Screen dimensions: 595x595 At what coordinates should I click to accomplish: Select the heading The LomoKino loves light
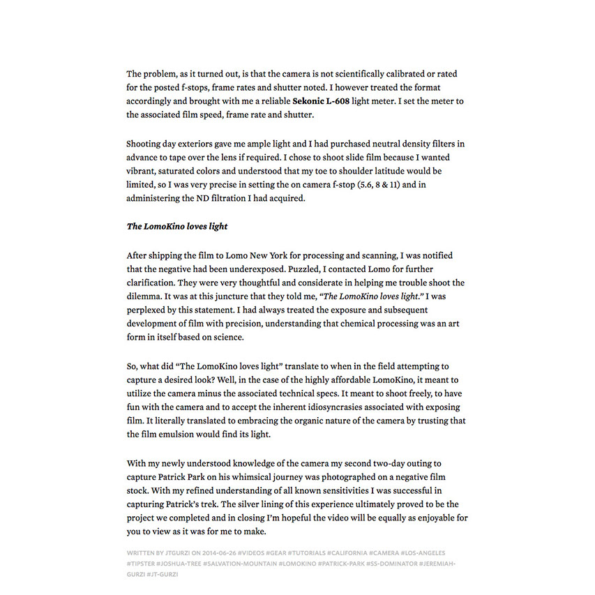[177, 227]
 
